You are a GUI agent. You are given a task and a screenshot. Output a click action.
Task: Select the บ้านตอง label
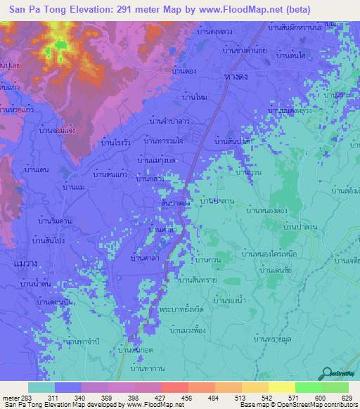coord(184,71)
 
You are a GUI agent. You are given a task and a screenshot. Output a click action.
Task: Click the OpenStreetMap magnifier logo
coord(326,375)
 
